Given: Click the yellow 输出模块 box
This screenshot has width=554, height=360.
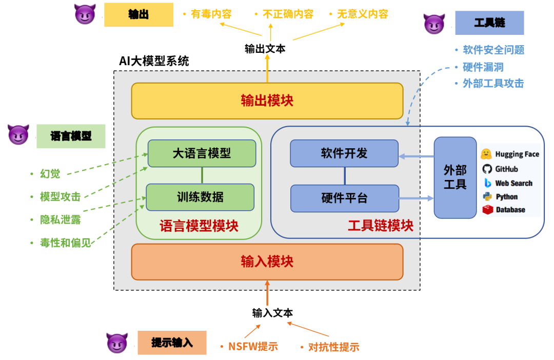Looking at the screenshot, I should point(267,101).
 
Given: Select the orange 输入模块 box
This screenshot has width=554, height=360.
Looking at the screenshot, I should point(267,262).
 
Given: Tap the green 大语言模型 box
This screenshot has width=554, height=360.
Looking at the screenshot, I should point(202,153).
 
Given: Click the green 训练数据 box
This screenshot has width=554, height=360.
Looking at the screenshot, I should point(200,197).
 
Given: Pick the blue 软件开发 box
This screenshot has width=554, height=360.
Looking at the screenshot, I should point(344,153).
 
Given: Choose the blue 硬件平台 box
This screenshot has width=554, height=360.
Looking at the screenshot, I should point(344,198).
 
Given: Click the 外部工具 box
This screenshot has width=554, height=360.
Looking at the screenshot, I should point(455,177).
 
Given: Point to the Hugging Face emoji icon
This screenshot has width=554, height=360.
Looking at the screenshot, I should point(487,154).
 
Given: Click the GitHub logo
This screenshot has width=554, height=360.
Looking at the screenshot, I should point(487,169).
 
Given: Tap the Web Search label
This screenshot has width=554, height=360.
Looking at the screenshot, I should point(513,183).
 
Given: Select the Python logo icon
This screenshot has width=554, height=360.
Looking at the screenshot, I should point(487,196).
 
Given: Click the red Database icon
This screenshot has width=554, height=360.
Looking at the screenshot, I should point(487,210).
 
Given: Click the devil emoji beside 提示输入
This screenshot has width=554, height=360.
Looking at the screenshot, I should point(116,343).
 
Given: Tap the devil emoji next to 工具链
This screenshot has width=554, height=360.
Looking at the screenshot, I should point(433,24).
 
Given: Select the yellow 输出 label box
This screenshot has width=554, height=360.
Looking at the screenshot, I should point(138,14).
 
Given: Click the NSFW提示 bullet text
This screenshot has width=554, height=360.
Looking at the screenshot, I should point(252,347).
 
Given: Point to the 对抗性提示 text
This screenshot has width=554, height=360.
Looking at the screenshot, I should point(333,347).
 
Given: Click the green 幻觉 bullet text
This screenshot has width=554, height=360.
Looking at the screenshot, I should point(50,174).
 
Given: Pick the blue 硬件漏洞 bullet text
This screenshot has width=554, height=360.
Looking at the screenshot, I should point(483,67).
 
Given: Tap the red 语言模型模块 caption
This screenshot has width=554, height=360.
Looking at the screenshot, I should point(199,226).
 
